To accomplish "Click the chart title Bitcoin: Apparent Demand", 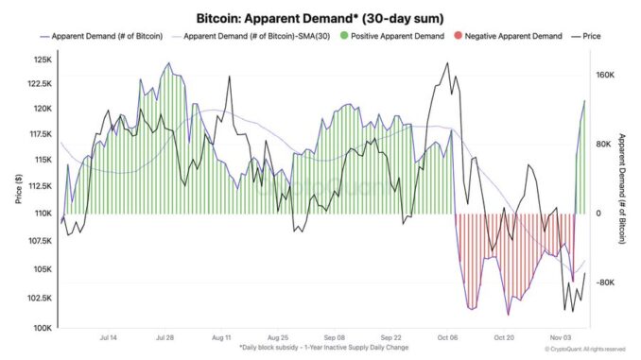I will [x=320, y=18].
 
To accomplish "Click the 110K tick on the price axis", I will [x=44, y=214].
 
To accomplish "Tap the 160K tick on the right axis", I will [x=604, y=74].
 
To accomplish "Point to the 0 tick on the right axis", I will [x=598, y=214].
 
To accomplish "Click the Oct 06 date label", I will [x=448, y=337].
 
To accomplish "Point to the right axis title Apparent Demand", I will [x=625, y=190].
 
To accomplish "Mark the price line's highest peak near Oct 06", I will [x=445, y=63].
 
